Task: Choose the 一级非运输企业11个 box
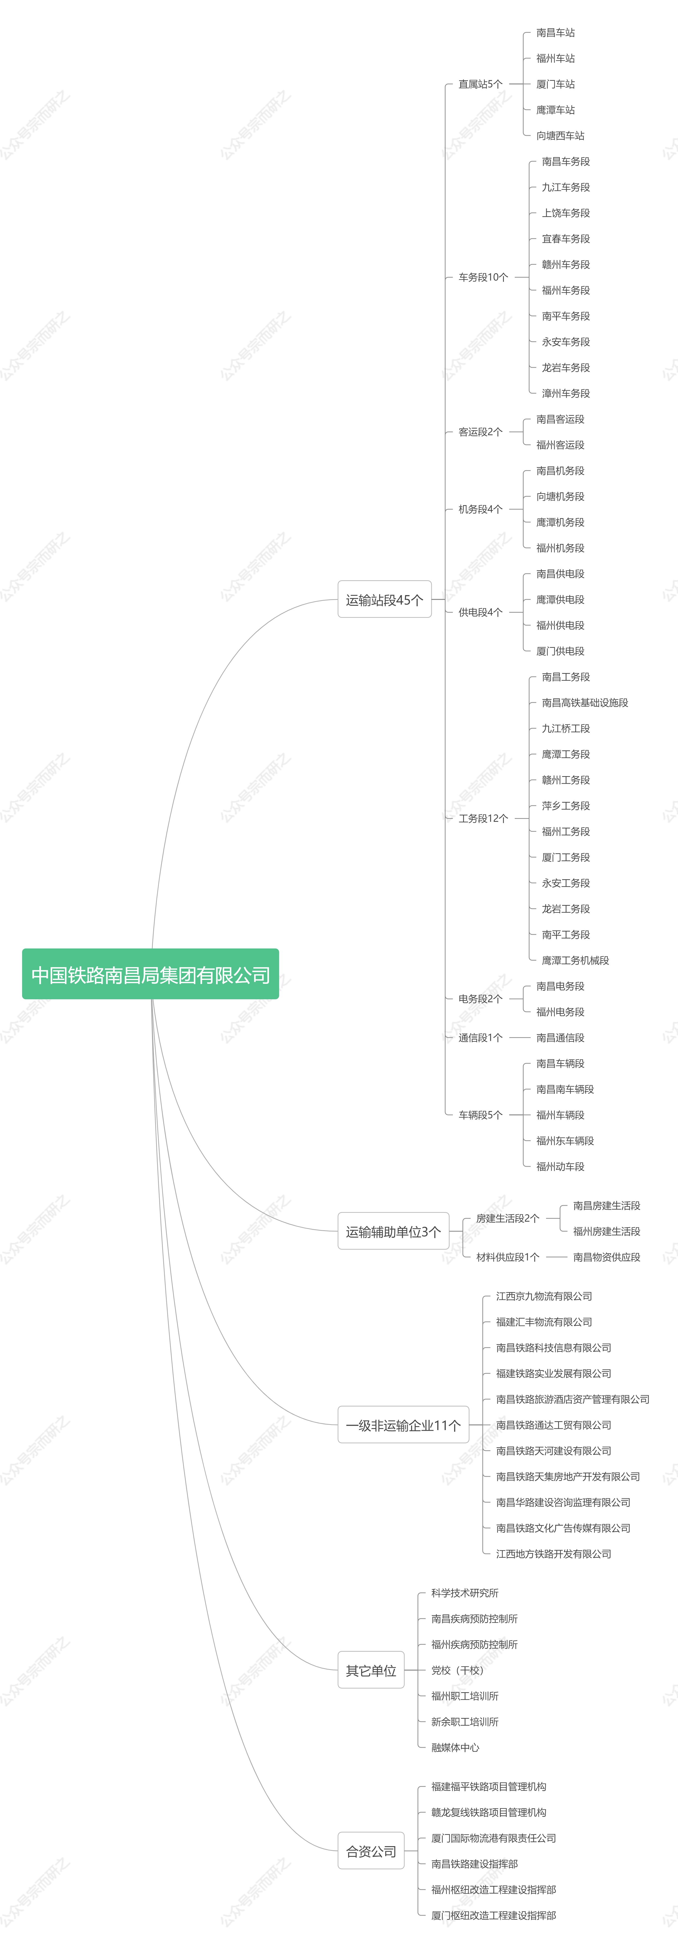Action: point(403,1425)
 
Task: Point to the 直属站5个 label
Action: point(480,84)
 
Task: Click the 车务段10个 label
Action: point(483,277)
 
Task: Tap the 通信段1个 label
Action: point(480,1038)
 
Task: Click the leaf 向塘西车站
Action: point(560,135)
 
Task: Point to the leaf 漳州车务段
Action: point(565,393)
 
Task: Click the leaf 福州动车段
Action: point(560,1166)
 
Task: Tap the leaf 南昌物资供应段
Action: point(606,1257)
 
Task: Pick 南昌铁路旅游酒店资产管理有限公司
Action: point(572,1399)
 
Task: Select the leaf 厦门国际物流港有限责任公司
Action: point(494,1838)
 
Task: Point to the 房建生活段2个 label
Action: point(507,1218)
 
